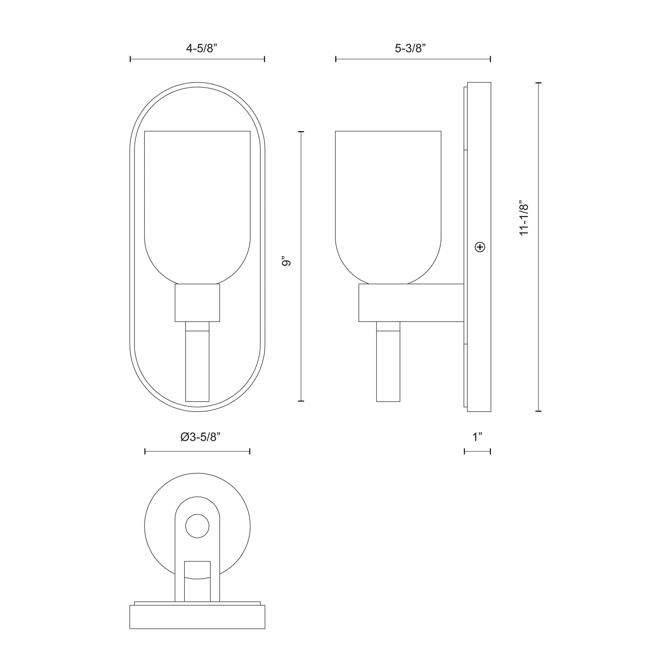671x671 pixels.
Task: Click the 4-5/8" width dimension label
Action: click(201, 48)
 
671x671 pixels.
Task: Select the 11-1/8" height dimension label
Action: click(524, 218)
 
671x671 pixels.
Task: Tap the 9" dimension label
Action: click(286, 261)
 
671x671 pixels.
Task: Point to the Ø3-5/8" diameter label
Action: click(200, 437)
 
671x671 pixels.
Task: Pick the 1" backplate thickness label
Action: click(478, 437)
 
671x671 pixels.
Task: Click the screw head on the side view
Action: click(480, 247)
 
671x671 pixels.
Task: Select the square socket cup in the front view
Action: click(197, 303)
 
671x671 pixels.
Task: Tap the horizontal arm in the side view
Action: click(411, 303)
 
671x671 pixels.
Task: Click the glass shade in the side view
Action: click(388, 205)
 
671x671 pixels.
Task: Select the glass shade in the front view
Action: click(197, 205)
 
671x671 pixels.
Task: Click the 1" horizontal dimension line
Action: click(478, 451)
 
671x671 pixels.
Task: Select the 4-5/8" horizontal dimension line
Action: click(197, 59)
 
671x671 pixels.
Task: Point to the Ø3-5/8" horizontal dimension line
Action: click(197, 451)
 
